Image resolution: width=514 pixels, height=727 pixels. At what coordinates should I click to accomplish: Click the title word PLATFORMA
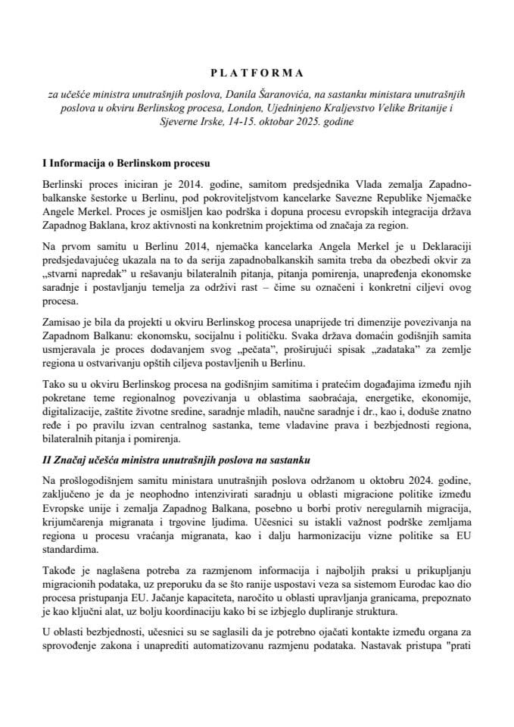[257, 73]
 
